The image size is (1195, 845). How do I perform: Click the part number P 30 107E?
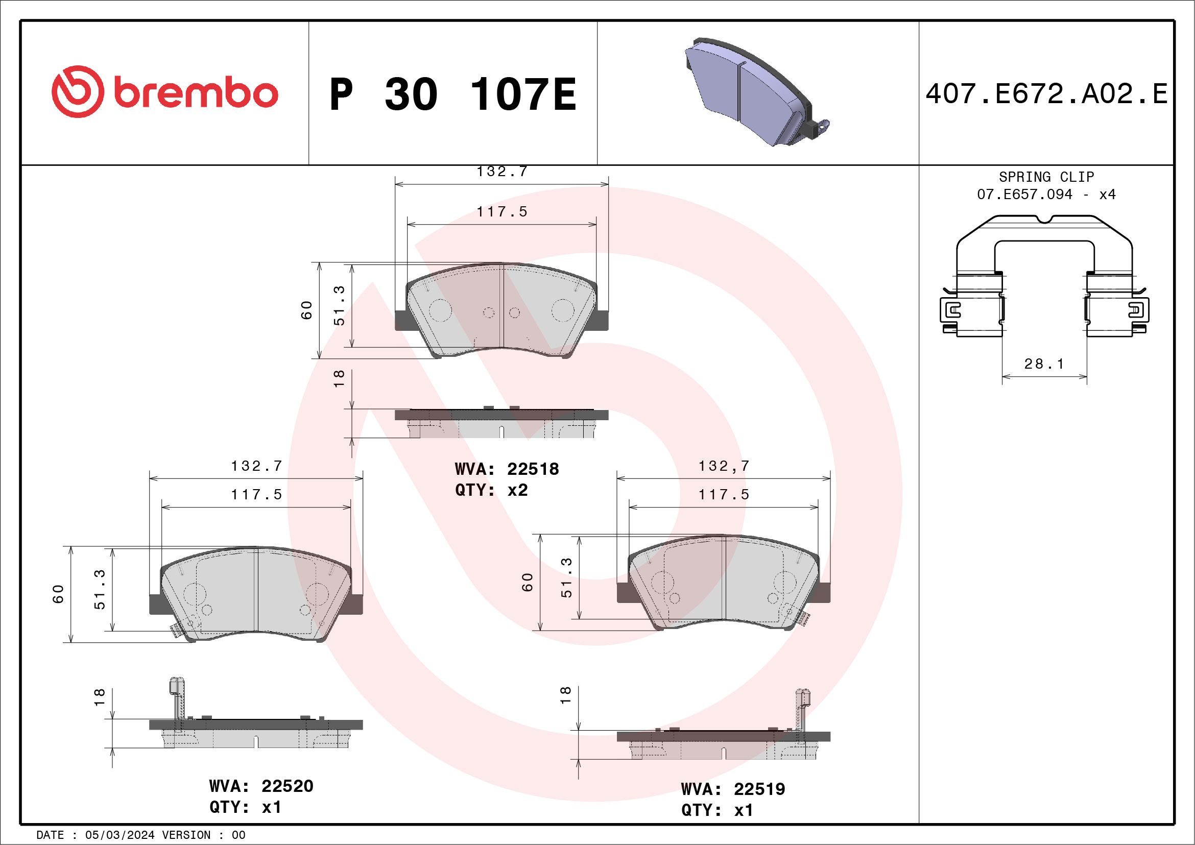(x=453, y=94)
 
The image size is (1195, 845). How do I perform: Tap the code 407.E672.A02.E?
(x=1047, y=94)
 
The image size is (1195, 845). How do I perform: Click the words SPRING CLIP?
(x=1046, y=177)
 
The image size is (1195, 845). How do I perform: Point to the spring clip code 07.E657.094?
(x=1024, y=195)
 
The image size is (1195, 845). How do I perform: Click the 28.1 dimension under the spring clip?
(x=1044, y=364)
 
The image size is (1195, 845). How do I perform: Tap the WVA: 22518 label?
(x=507, y=469)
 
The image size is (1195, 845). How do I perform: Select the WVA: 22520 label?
(x=261, y=786)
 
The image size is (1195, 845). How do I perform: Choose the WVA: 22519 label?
(x=733, y=789)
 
